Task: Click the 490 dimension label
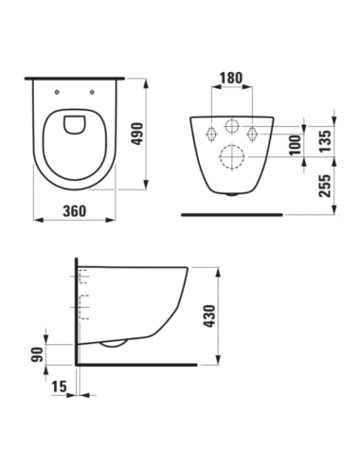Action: (137, 134)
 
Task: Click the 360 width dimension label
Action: (75, 210)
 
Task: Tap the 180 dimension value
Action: (231, 78)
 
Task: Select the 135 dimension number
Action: (326, 140)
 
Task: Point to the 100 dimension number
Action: (296, 145)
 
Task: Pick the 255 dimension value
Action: (325, 186)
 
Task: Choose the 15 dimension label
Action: (60, 386)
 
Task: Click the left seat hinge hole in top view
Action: (57, 92)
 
